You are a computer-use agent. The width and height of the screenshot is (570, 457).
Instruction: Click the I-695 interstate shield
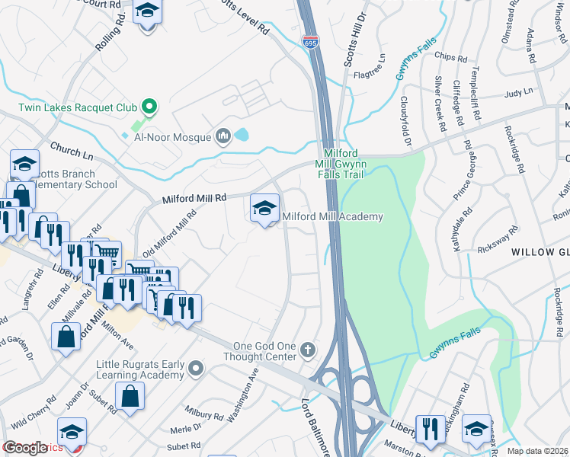coord(310,43)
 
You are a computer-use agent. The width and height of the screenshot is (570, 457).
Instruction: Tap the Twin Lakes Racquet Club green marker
coord(150,107)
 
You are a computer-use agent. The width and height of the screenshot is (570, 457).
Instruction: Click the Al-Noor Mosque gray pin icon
coord(223,136)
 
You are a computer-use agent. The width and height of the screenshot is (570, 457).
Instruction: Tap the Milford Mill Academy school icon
coord(264,208)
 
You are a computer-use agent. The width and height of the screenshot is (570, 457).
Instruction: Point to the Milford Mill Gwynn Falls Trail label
coord(341,164)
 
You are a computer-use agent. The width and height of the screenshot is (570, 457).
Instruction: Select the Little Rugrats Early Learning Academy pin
coord(197,369)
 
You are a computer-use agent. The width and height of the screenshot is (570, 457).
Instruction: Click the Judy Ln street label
coord(518,93)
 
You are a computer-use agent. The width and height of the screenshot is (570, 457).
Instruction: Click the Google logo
coord(26,448)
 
